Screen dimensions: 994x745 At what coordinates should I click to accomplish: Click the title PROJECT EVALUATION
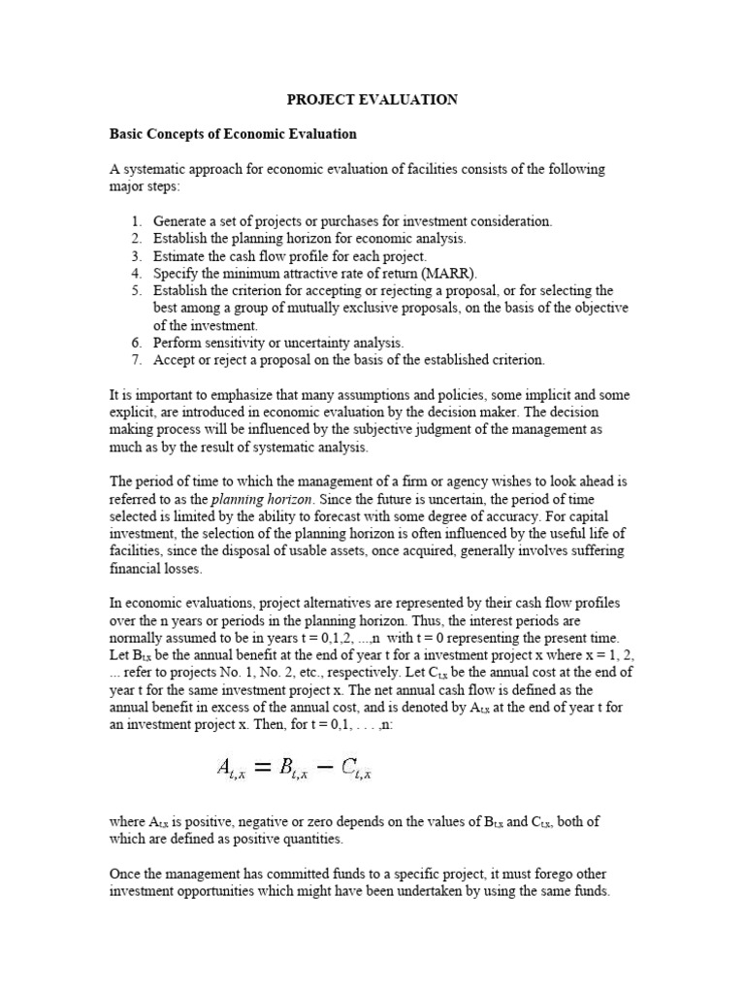coord(372,100)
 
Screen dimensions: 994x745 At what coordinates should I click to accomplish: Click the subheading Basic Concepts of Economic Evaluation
coord(234,134)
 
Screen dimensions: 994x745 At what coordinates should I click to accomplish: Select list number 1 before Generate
coord(137,221)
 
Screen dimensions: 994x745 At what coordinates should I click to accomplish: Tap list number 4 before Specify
coord(137,274)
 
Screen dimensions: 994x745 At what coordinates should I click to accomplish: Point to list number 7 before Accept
coord(137,360)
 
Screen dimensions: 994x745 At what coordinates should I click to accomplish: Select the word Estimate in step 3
coord(179,256)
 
